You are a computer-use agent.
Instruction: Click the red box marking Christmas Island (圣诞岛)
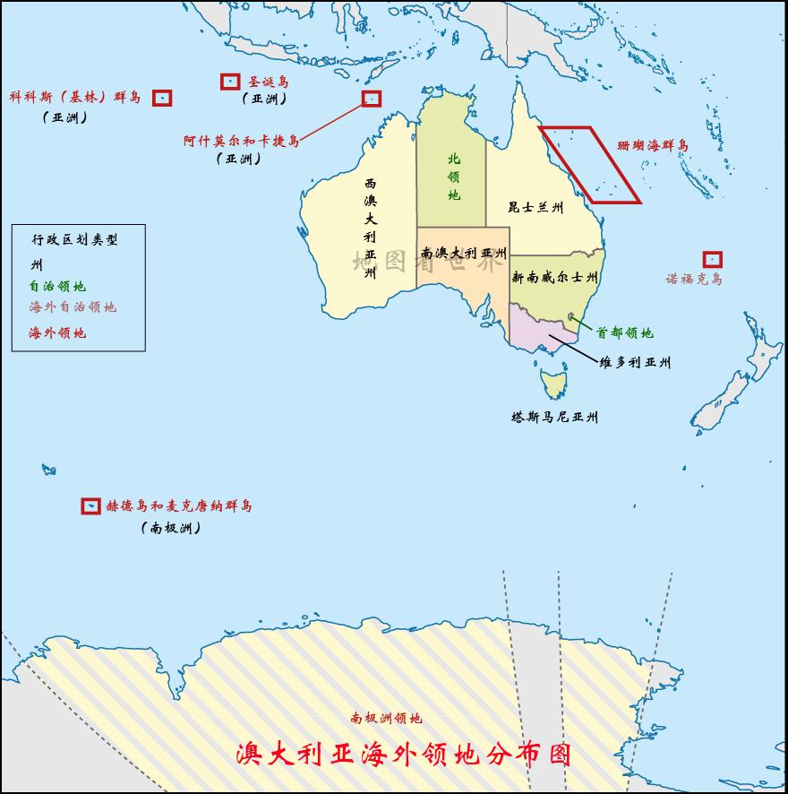click(229, 82)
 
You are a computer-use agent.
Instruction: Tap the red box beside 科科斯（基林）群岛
click(161, 98)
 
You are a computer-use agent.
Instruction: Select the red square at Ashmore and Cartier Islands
click(371, 99)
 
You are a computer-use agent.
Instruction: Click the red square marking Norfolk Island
click(713, 259)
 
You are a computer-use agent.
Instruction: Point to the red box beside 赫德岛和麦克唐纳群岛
click(90, 506)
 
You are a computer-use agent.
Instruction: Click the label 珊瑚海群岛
click(654, 145)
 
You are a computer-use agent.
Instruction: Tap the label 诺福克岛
click(694, 279)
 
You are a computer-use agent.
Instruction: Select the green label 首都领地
click(625, 333)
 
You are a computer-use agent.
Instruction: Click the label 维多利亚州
click(635, 363)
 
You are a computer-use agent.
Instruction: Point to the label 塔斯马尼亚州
click(554, 417)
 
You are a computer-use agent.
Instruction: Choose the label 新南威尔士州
click(554, 279)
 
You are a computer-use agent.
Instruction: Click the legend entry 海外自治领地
click(73, 307)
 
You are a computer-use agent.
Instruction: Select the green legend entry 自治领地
click(57, 287)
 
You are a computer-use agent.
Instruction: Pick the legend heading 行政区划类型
click(75, 240)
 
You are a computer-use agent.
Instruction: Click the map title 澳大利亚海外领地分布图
click(403, 753)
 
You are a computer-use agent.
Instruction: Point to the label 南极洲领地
click(386, 718)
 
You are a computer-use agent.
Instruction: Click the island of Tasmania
click(552, 384)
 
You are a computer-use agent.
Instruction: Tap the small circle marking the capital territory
click(572, 316)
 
